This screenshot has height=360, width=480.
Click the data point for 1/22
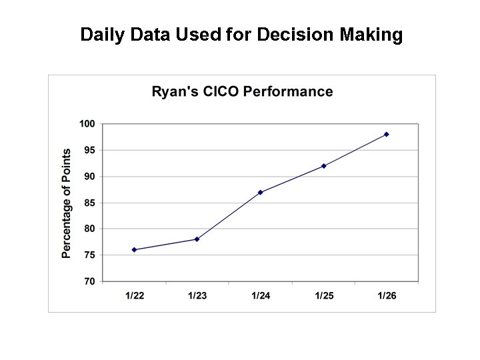click(134, 250)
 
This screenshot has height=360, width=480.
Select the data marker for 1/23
click(197, 239)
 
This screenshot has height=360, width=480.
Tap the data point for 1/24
click(260, 192)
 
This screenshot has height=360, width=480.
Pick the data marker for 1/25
click(323, 166)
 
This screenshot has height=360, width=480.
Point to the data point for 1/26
click(387, 135)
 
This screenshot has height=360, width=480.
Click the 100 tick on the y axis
click(87, 124)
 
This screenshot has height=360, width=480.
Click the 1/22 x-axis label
click(134, 296)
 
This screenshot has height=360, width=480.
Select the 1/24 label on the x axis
click(260, 296)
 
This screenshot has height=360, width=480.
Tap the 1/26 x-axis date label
click(387, 296)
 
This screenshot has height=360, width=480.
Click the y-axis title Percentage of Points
click(67, 203)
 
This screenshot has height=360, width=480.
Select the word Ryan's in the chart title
click(173, 92)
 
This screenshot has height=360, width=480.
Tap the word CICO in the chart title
click(219, 92)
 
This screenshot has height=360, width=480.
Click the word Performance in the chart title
click(288, 92)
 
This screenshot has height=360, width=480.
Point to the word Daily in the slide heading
click(100, 35)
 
